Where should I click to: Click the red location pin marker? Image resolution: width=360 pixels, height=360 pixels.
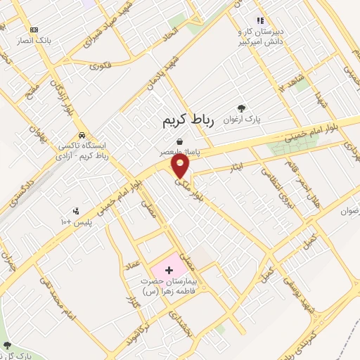(x=181, y=166)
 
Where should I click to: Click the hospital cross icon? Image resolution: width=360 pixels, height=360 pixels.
(x=168, y=270)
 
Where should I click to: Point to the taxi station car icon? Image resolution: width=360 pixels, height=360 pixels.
(x=82, y=134)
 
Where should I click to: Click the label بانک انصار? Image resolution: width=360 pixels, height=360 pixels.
(x=35, y=41)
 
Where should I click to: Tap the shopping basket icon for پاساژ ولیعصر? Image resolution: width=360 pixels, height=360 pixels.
(x=181, y=141)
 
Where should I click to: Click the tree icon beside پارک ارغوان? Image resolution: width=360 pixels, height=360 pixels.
(x=242, y=108)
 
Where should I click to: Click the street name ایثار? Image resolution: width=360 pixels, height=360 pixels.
(x=236, y=165)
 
